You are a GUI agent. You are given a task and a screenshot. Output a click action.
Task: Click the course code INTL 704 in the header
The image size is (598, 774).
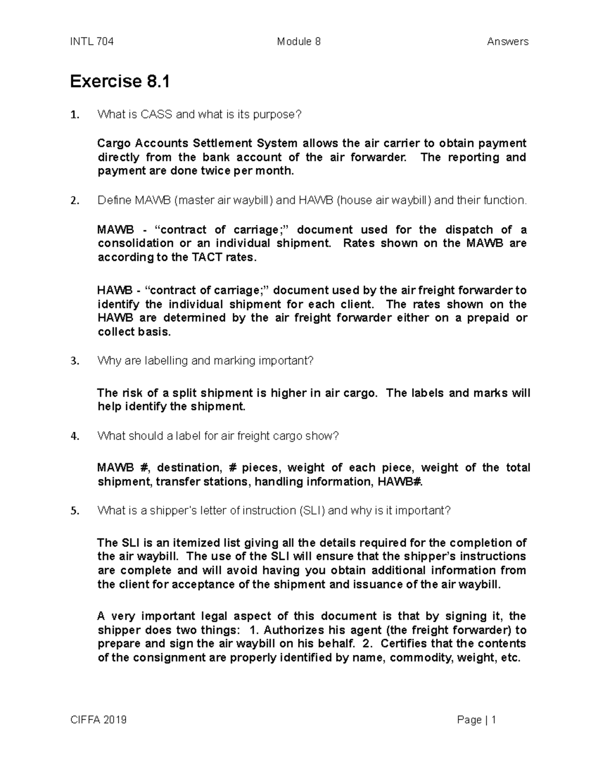(92, 42)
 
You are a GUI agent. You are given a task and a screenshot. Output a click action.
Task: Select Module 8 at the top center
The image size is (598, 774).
(299, 42)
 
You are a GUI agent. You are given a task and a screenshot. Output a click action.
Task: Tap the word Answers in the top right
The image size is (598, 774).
(507, 42)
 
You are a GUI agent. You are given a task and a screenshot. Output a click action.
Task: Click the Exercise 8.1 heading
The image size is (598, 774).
(120, 81)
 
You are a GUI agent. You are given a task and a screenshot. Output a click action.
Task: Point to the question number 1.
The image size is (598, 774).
(74, 115)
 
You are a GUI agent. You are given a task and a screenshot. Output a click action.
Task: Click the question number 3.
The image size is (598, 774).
(74, 361)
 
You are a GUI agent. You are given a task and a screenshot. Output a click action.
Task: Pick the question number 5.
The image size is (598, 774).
(74, 511)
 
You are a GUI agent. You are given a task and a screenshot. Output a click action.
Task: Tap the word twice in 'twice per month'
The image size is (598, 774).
(213, 171)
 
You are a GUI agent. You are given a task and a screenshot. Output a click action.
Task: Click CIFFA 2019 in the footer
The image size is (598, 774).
(98, 720)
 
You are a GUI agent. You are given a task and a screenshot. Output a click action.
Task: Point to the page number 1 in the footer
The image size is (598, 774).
(494, 720)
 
